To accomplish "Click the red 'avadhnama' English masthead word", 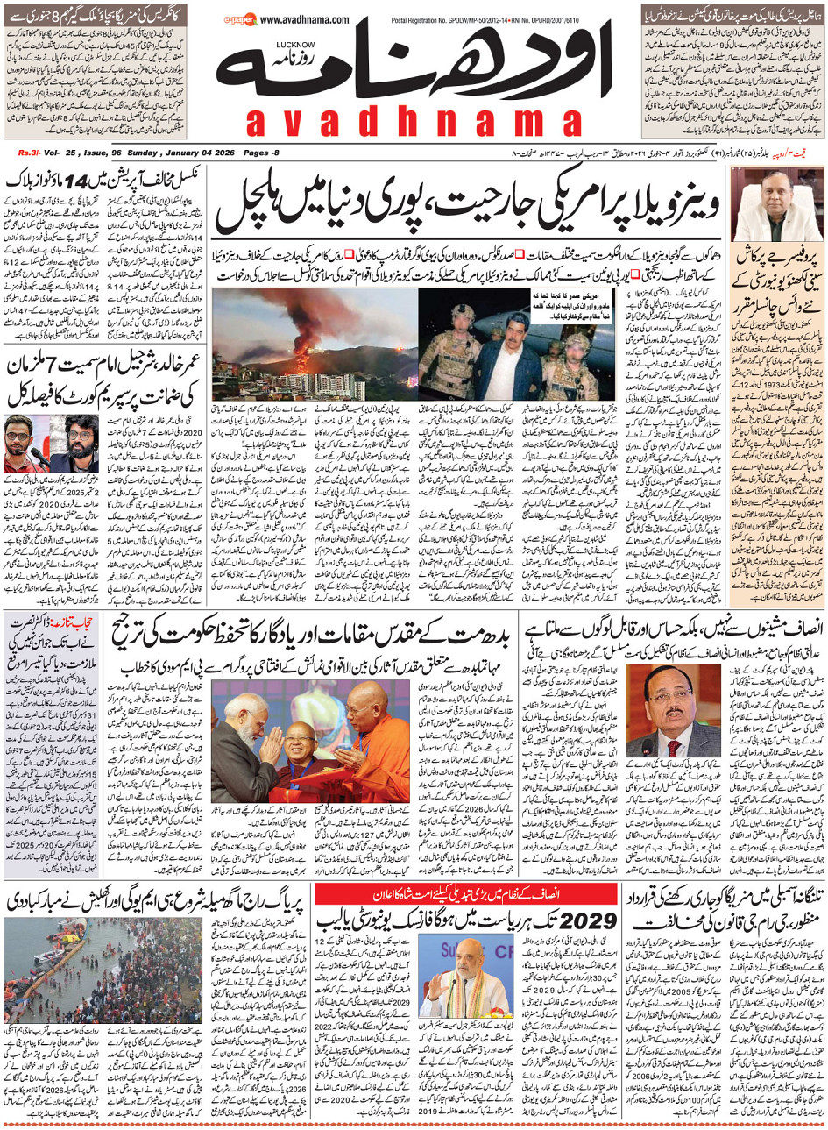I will click(x=413, y=123).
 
